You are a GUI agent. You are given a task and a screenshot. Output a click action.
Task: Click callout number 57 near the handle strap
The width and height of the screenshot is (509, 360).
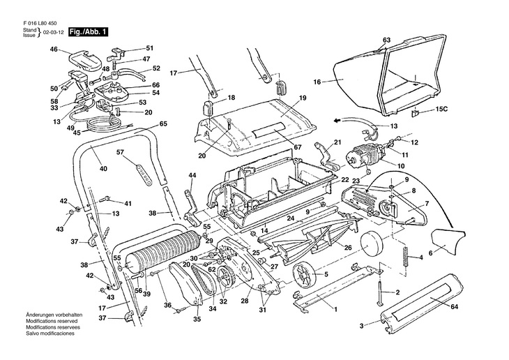pyautogui.click(x=120, y=152)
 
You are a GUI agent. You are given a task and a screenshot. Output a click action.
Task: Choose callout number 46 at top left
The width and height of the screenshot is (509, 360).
pyautogui.click(x=54, y=49)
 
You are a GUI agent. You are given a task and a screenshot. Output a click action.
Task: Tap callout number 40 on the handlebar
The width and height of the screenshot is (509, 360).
pyautogui.click(x=102, y=168)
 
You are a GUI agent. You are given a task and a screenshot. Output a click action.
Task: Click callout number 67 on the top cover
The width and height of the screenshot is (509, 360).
pyautogui.click(x=297, y=147)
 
